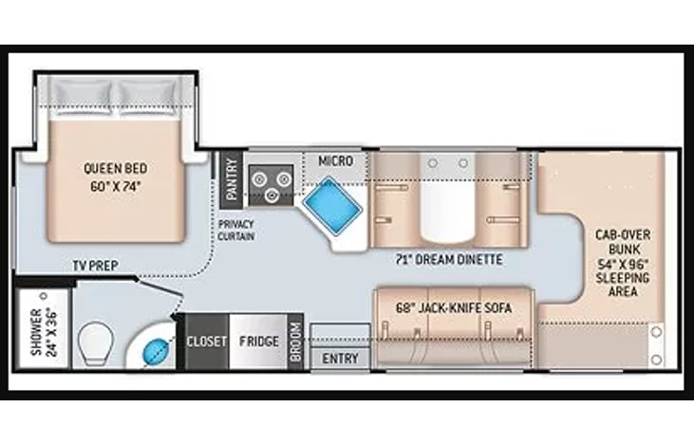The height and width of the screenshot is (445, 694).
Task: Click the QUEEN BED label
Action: pyautogui.click(x=116, y=169)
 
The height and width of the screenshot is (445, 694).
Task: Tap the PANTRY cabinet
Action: pyautogui.click(x=232, y=179)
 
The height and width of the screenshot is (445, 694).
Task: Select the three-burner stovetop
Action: pyautogui.click(x=271, y=185)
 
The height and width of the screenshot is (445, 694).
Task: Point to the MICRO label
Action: pyautogui.click(x=336, y=161)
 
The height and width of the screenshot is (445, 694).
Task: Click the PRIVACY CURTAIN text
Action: pyautogui.click(x=235, y=230)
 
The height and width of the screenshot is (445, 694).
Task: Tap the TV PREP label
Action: pyautogui.click(x=96, y=266)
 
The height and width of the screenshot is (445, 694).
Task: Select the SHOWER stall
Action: pyautogui.click(x=44, y=328)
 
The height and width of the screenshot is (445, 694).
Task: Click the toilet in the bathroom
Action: pyautogui.click(x=95, y=343)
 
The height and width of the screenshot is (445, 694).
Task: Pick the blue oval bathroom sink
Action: pyautogui.click(x=155, y=350)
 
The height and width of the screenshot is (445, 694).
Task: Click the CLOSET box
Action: pyautogui.click(x=207, y=341)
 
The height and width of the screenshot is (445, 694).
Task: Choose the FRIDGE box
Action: pyautogui.click(x=259, y=341)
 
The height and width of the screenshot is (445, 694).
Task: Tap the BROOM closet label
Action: pyautogui.click(x=296, y=341)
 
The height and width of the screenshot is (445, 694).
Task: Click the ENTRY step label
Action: pyautogui.click(x=340, y=359)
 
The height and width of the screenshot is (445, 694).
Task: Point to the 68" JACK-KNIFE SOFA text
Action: pyautogui.click(x=453, y=307)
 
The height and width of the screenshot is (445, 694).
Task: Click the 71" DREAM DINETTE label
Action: pyautogui.click(x=449, y=260)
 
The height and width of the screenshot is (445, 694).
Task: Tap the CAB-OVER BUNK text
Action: pyautogui.click(x=622, y=242)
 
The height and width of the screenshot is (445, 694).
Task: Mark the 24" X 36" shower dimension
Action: pyautogui.click(x=52, y=332)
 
